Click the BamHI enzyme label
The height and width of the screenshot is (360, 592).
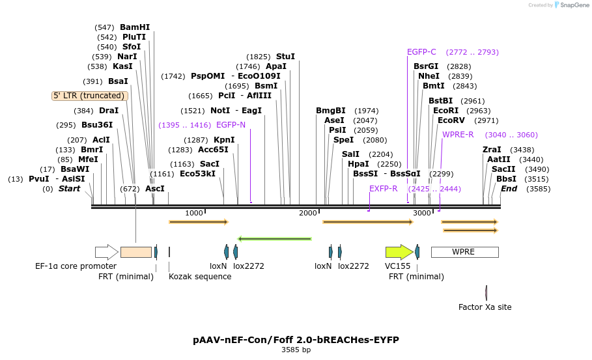(135, 27)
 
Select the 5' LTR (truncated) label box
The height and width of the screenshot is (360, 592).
(90, 96)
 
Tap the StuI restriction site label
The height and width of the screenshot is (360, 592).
(285, 57)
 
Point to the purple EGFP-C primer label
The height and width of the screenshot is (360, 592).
(421, 52)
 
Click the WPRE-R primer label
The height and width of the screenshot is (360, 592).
(458, 135)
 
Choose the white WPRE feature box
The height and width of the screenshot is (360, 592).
(464, 252)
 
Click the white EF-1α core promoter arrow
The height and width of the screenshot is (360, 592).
(106, 252)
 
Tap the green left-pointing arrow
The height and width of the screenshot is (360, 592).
(274, 240)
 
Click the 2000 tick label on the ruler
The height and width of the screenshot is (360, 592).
(308, 214)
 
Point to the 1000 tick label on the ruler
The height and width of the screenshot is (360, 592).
(194, 214)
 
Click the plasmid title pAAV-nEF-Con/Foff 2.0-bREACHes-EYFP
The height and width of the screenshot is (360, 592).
(296, 340)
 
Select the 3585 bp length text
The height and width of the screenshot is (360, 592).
(296, 350)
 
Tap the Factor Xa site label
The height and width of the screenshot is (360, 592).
(485, 307)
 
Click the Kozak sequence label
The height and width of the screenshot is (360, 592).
(200, 276)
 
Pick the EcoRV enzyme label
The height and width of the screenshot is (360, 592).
(451, 120)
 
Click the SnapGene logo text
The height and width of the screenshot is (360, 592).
(574, 5)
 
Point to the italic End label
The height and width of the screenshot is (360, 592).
(509, 189)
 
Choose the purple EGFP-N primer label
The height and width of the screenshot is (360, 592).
(231, 124)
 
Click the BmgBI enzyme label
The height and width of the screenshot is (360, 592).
(331, 111)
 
